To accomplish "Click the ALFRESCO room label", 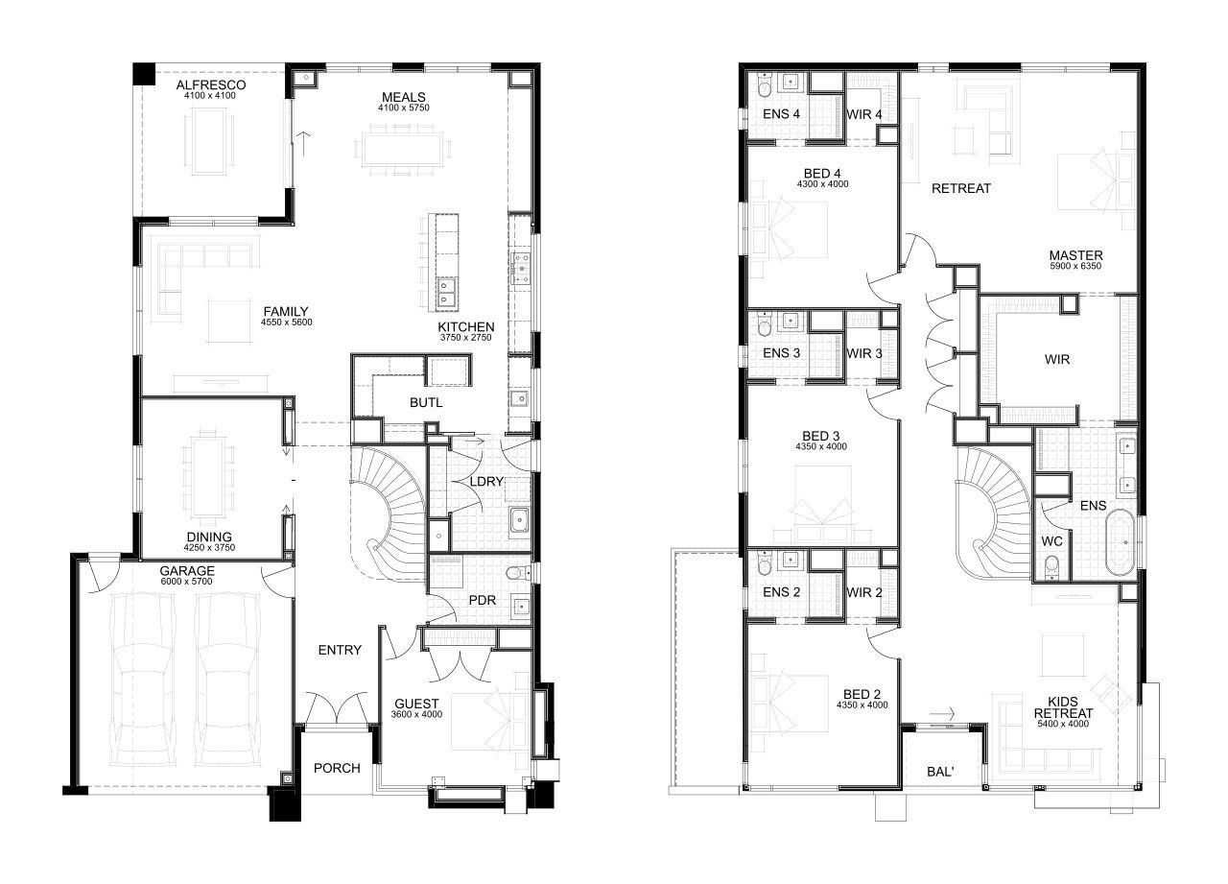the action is [x=211, y=85].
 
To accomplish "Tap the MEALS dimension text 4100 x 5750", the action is [x=404, y=108].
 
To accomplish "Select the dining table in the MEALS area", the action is [x=403, y=149].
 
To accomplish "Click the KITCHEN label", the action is [x=466, y=327].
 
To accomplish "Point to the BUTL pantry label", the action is [x=426, y=402].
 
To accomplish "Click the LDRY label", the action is [x=486, y=482].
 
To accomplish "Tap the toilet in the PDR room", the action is [x=517, y=574].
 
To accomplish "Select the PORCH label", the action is [x=337, y=768].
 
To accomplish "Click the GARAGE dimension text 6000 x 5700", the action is [x=186, y=582].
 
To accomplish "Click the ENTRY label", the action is [x=340, y=650].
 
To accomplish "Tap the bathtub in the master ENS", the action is [x=1119, y=542].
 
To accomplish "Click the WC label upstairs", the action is [x=1052, y=541].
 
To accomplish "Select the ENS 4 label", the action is [x=781, y=114].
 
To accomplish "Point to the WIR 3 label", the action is [x=864, y=354].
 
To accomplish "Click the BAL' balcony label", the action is [x=940, y=772].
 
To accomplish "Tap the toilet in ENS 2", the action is [x=764, y=564].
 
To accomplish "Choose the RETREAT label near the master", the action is [x=961, y=189].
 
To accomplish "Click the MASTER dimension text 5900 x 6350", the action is [x=1075, y=266].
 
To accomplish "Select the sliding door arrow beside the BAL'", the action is [x=942, y=714].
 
